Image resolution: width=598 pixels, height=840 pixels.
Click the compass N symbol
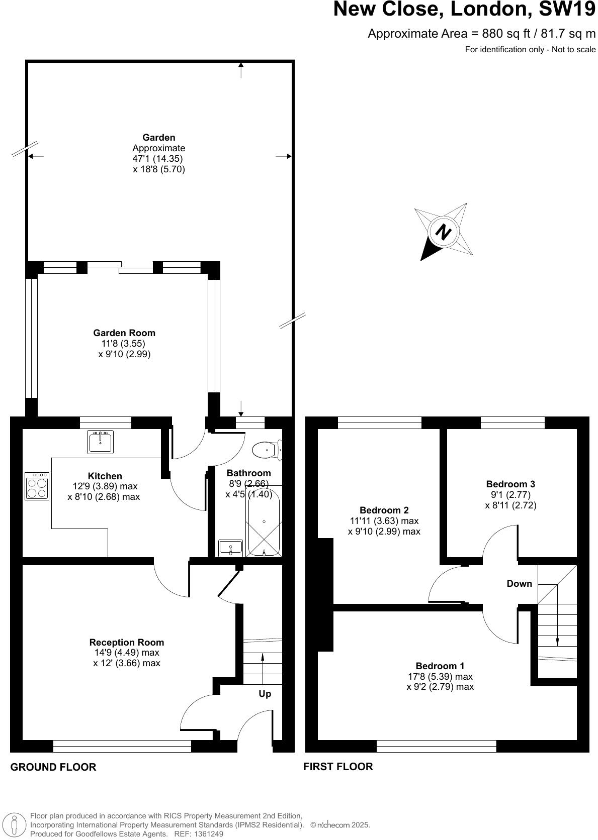[x=443, y=233]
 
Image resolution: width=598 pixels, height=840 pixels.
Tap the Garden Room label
[x=124, y=333]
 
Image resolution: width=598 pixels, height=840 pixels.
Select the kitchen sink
[x=101, y=442]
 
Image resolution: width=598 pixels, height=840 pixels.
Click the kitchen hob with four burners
[x=37, y=486]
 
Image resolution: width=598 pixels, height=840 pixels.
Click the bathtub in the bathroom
[x=264, y=522]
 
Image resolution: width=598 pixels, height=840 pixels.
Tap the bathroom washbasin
[x=230, y=547]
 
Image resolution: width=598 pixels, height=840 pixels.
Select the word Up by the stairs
[x=265, y=693]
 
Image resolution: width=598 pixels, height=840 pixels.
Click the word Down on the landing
[x=519, y=583]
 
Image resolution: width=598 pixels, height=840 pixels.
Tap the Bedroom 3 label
[x=510, y=484]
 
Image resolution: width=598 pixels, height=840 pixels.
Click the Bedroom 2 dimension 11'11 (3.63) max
[x=384, y=520]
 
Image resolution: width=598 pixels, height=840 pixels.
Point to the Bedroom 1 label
[x=440, y=666]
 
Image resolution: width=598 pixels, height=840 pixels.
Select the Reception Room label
[x=127, y=642]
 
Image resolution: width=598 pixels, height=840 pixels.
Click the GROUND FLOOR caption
[x=53, y=767]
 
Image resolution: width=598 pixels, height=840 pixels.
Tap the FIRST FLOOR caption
[x=338, y=766]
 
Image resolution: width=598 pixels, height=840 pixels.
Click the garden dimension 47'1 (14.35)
[x=154, y=158]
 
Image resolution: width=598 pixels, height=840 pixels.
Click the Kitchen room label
[x=105, y=476]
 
